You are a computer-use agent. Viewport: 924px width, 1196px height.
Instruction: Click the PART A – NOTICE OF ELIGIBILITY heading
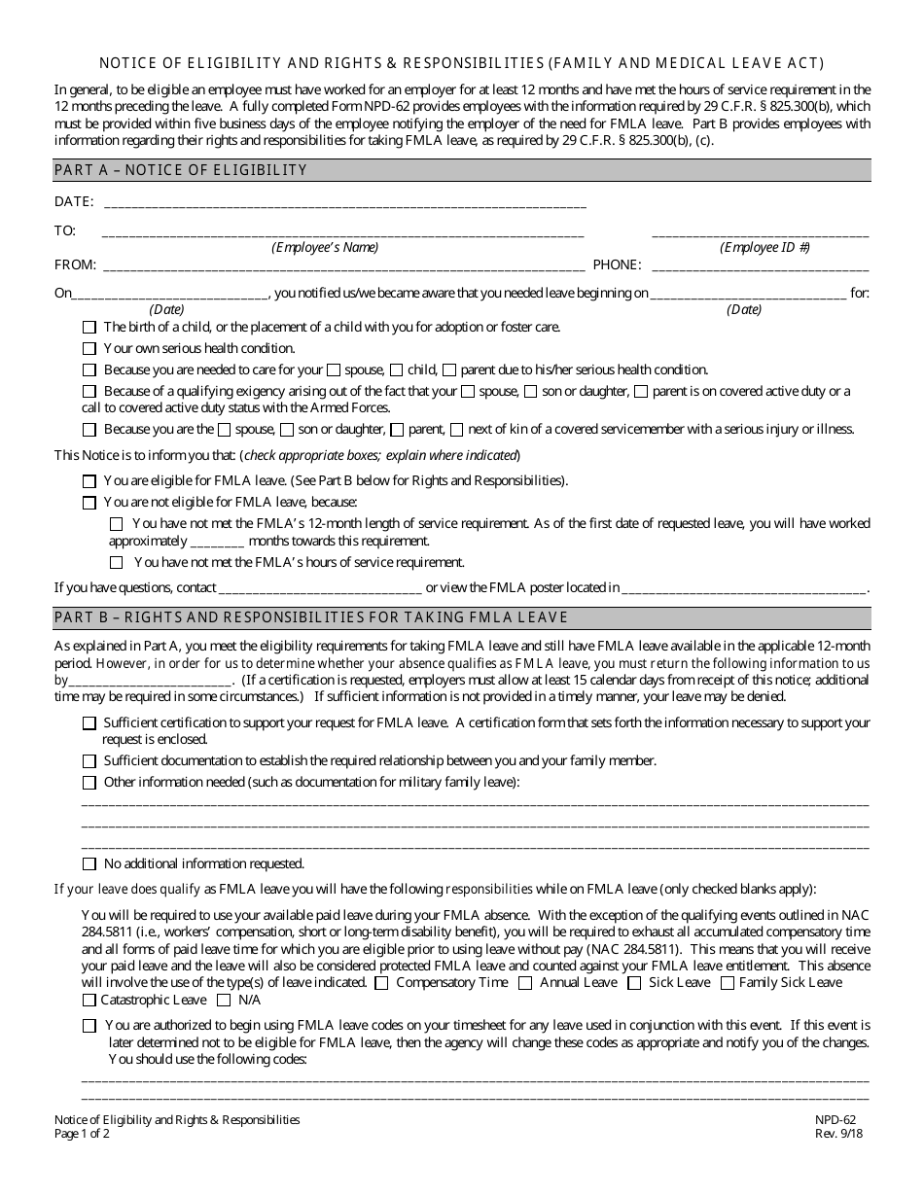point(181,170)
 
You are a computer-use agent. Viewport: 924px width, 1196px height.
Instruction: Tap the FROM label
point(75,264)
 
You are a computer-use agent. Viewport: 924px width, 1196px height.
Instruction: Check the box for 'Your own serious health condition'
point(89,348)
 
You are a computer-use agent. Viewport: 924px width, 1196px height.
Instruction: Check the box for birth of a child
point(89,328)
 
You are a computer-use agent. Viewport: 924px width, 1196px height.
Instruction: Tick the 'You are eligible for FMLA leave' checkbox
point(89,481)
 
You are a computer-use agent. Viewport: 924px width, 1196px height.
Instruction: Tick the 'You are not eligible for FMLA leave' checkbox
point(89,503)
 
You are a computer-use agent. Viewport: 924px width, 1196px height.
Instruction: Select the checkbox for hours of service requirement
point(117,562)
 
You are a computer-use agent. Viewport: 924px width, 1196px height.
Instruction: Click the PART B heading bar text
point(310,617)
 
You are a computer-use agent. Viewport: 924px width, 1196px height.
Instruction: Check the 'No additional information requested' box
point(89,863)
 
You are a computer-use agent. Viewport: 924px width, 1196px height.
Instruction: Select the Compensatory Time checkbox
point(381,983)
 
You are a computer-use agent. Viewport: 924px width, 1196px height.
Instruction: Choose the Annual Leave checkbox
point(525,983)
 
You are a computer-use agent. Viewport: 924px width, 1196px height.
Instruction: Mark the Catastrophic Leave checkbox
point(89,1001)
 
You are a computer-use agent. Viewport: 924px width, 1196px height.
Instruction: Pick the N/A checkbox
point(224,1001)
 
